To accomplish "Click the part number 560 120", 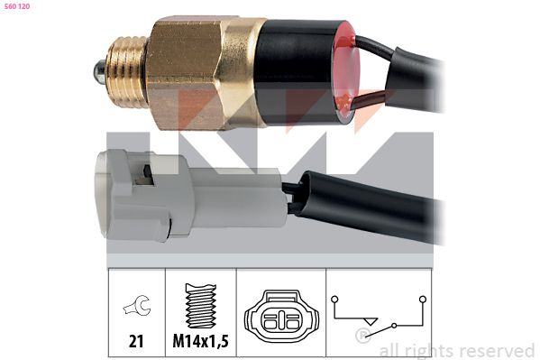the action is [16, 6].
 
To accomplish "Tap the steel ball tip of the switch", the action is [98, 72].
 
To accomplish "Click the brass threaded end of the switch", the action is [125, 71].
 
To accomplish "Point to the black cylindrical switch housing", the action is [297, 71].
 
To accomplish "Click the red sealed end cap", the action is [346, 72].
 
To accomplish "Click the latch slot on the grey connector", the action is [144, 175].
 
